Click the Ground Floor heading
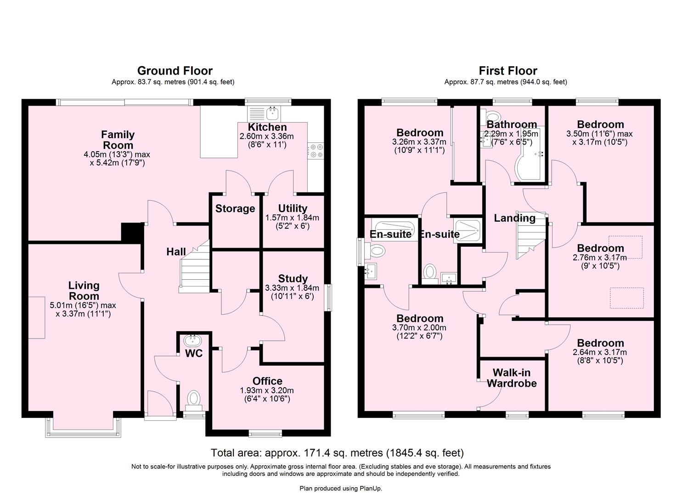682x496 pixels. (x=175, y=71)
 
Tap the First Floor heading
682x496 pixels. (x=507, y=71)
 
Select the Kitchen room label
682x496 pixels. (x=267, y=127)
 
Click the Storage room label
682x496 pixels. (x=235, y=209)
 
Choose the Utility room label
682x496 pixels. (x=293, y=209)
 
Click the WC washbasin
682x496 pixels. (x=192, y=341)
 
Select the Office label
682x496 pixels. (x=267, y=381)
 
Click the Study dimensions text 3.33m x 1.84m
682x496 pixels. (x=293, y=288)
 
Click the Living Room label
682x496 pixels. (x=84, y=291)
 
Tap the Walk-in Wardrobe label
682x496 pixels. (x=512, y=378)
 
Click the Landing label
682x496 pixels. (x=514, y=218)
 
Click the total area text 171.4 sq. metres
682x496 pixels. (x=337, y=453)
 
